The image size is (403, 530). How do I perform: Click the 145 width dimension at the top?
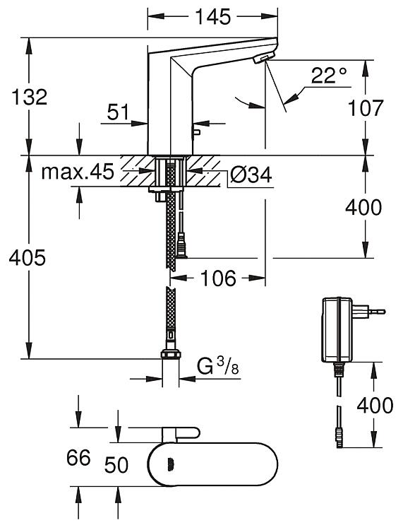click(213, 16)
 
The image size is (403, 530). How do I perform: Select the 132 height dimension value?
click(30, 97)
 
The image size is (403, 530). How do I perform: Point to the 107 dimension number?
click(366, 108)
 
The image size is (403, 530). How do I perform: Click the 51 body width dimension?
click(118, 112)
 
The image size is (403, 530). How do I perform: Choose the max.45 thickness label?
click(78, 172)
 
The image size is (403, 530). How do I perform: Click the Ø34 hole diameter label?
click(251, 175)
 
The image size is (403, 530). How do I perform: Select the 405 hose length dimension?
click(27, 258)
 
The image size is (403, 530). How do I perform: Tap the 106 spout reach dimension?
click(218, 278)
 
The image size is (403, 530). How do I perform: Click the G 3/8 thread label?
click(218, 366)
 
